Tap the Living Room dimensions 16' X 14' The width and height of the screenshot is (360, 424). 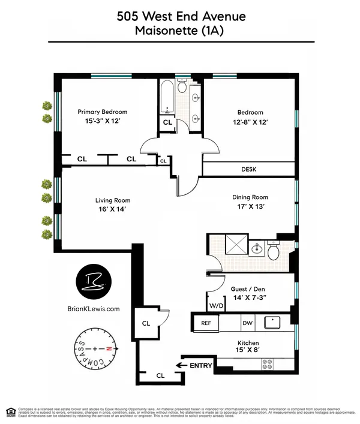pyautogui.click(x=113, y=210)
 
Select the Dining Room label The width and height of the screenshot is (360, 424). pyautogui.click(x=250, y=197)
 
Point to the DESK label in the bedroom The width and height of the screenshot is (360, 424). pyautogui.click(x=248, y=170)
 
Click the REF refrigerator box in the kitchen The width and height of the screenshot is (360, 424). pyautogui.click(x=206, y=323)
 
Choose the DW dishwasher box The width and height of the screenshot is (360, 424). pyautogui.click(x=247, y=323)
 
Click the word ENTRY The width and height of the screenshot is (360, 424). pyautogui.click(x=202, y=365)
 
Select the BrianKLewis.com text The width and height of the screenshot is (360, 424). pyautogui.click(x=94, y=309)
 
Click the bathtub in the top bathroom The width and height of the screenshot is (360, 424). pyautogui.click(x=166, y=96)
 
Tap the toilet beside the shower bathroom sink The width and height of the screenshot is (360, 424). pyautogui.click(x=274, y=251)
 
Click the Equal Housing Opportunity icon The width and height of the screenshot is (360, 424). pyautogui.click(x=10, y=411)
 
